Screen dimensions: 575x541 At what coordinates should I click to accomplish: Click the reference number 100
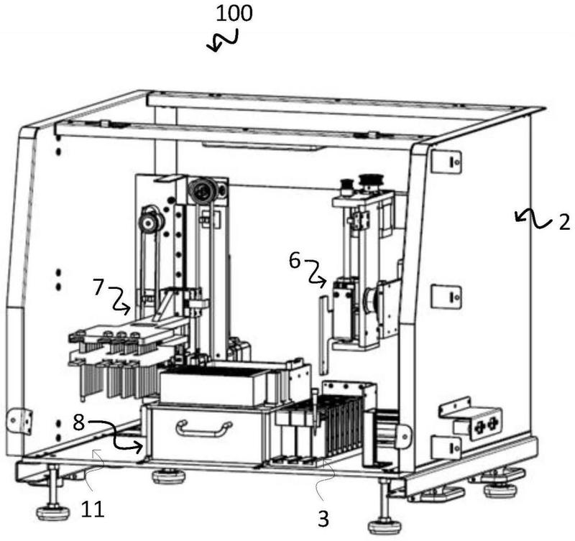click(234, 13)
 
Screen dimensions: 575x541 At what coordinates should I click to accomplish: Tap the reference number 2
click(564, 222)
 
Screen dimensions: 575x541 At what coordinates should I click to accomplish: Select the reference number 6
click(295, 262)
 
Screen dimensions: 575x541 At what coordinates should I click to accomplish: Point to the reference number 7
click(98, 287)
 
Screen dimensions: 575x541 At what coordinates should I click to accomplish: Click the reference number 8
click(79, 422)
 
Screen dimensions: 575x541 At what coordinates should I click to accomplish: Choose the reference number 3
click(323, 519)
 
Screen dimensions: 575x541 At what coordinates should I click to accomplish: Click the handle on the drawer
click(204, 428)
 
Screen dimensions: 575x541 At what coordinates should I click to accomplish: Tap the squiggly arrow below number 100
click(223, 40)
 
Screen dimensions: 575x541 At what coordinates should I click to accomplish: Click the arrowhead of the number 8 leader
click(139, 447)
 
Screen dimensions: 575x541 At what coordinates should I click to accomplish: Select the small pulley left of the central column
click(150, 221)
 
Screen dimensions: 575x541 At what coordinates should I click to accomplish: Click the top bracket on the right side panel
click(446, 161)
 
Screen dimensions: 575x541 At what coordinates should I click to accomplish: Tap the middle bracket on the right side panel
click(446, 297)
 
